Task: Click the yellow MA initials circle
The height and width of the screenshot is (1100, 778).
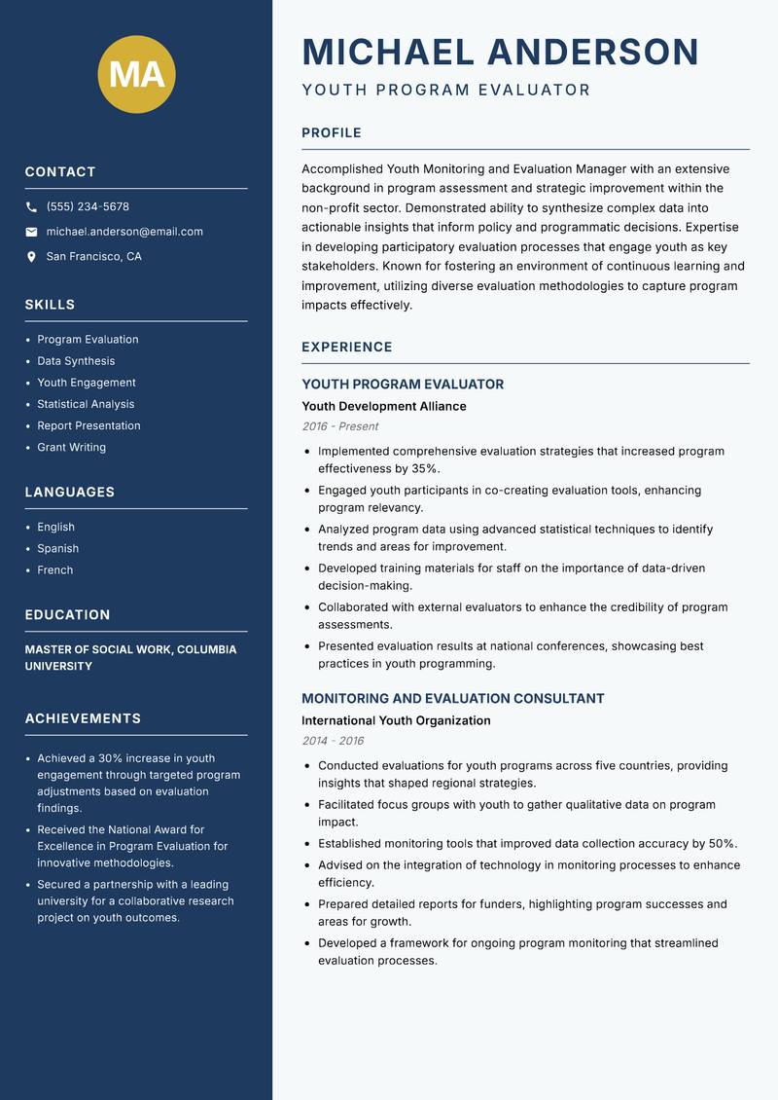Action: (x=137, y=74)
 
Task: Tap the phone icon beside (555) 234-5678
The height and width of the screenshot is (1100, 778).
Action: (x=31, y=207)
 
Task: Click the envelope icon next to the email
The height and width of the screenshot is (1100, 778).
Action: (x=31, y=232)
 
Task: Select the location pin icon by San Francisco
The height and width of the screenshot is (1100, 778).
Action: (x=31, y=257)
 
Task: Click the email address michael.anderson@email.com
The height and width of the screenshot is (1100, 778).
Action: (x=124, y=232)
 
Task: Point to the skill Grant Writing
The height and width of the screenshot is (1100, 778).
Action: (x=71, y=448)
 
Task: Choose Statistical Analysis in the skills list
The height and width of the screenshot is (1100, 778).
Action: (x=86, y=404)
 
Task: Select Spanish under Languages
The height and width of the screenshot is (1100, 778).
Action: (x=57, y=549)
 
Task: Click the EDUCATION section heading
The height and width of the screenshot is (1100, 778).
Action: (x=67, y=615)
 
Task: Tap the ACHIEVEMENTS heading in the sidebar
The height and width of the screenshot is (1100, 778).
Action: (x=83, y=718)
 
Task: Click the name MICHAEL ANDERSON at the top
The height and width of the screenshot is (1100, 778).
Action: (x=500, y=52)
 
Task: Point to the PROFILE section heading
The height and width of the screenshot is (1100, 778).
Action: (x=331, y=133)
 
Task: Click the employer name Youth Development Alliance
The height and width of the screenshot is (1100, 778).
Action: (x=383, y=407)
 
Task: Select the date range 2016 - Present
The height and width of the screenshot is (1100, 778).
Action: (x=339, y=426)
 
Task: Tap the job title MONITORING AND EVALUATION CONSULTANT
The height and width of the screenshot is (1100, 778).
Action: (x=452, y=699)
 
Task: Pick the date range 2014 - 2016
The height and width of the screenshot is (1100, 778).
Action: (x=332, y=741)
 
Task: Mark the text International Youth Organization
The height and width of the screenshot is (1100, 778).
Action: (x=396, y=721)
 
